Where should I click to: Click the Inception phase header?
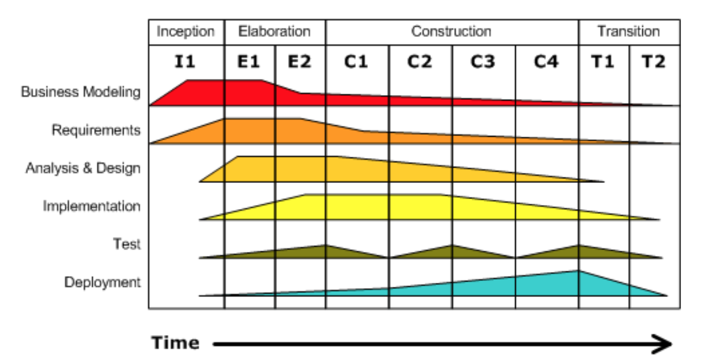(186, 31)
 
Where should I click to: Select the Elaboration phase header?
(275, 31)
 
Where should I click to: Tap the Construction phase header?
(452, 31)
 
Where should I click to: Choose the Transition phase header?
(629, 31)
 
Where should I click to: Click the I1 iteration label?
(185, 61)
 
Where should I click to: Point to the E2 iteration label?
(299, 61)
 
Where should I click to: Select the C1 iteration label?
(357, 61)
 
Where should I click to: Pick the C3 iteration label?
(483, 61)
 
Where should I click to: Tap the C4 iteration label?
(546, 61)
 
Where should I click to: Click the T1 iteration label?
(603, 61)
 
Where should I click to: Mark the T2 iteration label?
(654, 61)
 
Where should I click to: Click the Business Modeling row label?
(81, 92)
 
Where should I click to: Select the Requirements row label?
(96, 130)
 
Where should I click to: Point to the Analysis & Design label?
(83, 168)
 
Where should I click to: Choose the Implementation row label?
(92, 206)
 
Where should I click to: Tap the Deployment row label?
(102, 282)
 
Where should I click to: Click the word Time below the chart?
(175, 343)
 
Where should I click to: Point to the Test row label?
(127, 244)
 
